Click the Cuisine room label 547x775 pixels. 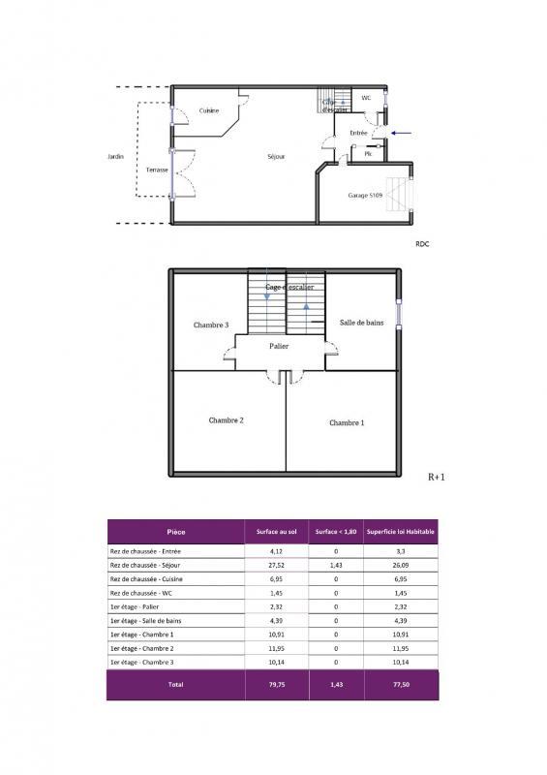[x=209, y=110]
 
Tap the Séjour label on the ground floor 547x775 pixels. [x=276, y=156]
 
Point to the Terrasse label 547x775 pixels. [x=157, y=170]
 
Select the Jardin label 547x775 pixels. [x=116, y=156]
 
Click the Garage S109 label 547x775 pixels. [x=365, y=195]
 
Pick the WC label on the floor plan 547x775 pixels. [x=367, y=98]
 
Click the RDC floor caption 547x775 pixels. [x=421, y=244]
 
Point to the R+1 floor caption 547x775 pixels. [x=436, y=477]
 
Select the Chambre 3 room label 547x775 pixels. [x=210, y=325]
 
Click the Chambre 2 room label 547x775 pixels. [x=226, y=420]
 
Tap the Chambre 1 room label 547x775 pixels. [x=347, y=422]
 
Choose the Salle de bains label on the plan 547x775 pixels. [x=360, y=322]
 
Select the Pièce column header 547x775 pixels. [x=175, y=532]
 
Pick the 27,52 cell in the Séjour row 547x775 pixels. [x=275, y=565]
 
